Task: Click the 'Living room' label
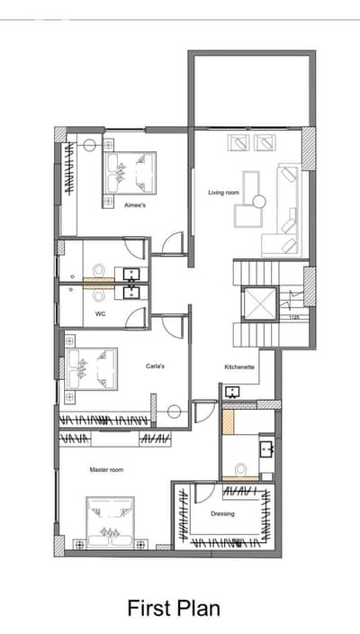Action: pos(223,193)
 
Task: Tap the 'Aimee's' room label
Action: pos(135,205)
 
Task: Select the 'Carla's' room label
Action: pos(155,367)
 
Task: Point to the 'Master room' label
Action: pos(106,470)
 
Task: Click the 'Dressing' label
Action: pos(222,514)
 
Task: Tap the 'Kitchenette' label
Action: pos(239,367)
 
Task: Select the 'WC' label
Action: pos(100,313)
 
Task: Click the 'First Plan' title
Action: pos(174,609)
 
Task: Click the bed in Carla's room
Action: pos(92,368)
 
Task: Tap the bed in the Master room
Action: pos(111,522)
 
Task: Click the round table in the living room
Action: pos(259,201)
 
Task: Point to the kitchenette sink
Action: pos(233,392)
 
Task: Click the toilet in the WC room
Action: pos(99,294)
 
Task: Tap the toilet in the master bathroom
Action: pos(241,469)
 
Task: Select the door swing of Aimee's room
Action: pos(172,243)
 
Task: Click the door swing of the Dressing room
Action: pos(205,493)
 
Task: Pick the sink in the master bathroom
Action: pos(266,448)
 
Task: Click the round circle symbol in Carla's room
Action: pos(174,412)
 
